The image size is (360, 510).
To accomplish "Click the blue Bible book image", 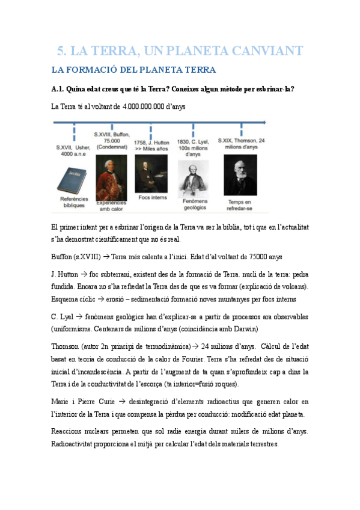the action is tap(74, 179).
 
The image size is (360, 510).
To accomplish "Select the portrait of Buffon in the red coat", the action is tap(111, 177).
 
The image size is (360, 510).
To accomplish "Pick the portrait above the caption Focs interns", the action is tap(151, 173).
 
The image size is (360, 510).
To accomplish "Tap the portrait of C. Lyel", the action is tap(193, 179).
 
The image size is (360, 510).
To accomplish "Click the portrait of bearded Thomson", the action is tap(240, 176).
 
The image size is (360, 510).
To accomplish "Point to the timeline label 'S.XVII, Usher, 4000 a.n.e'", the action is tap(74, 150).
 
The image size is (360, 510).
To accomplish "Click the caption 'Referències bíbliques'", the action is tap(74, 201).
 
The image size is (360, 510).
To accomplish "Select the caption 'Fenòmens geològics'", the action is tap(194, 204).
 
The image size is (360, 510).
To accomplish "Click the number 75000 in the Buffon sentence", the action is tap(255, 256).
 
